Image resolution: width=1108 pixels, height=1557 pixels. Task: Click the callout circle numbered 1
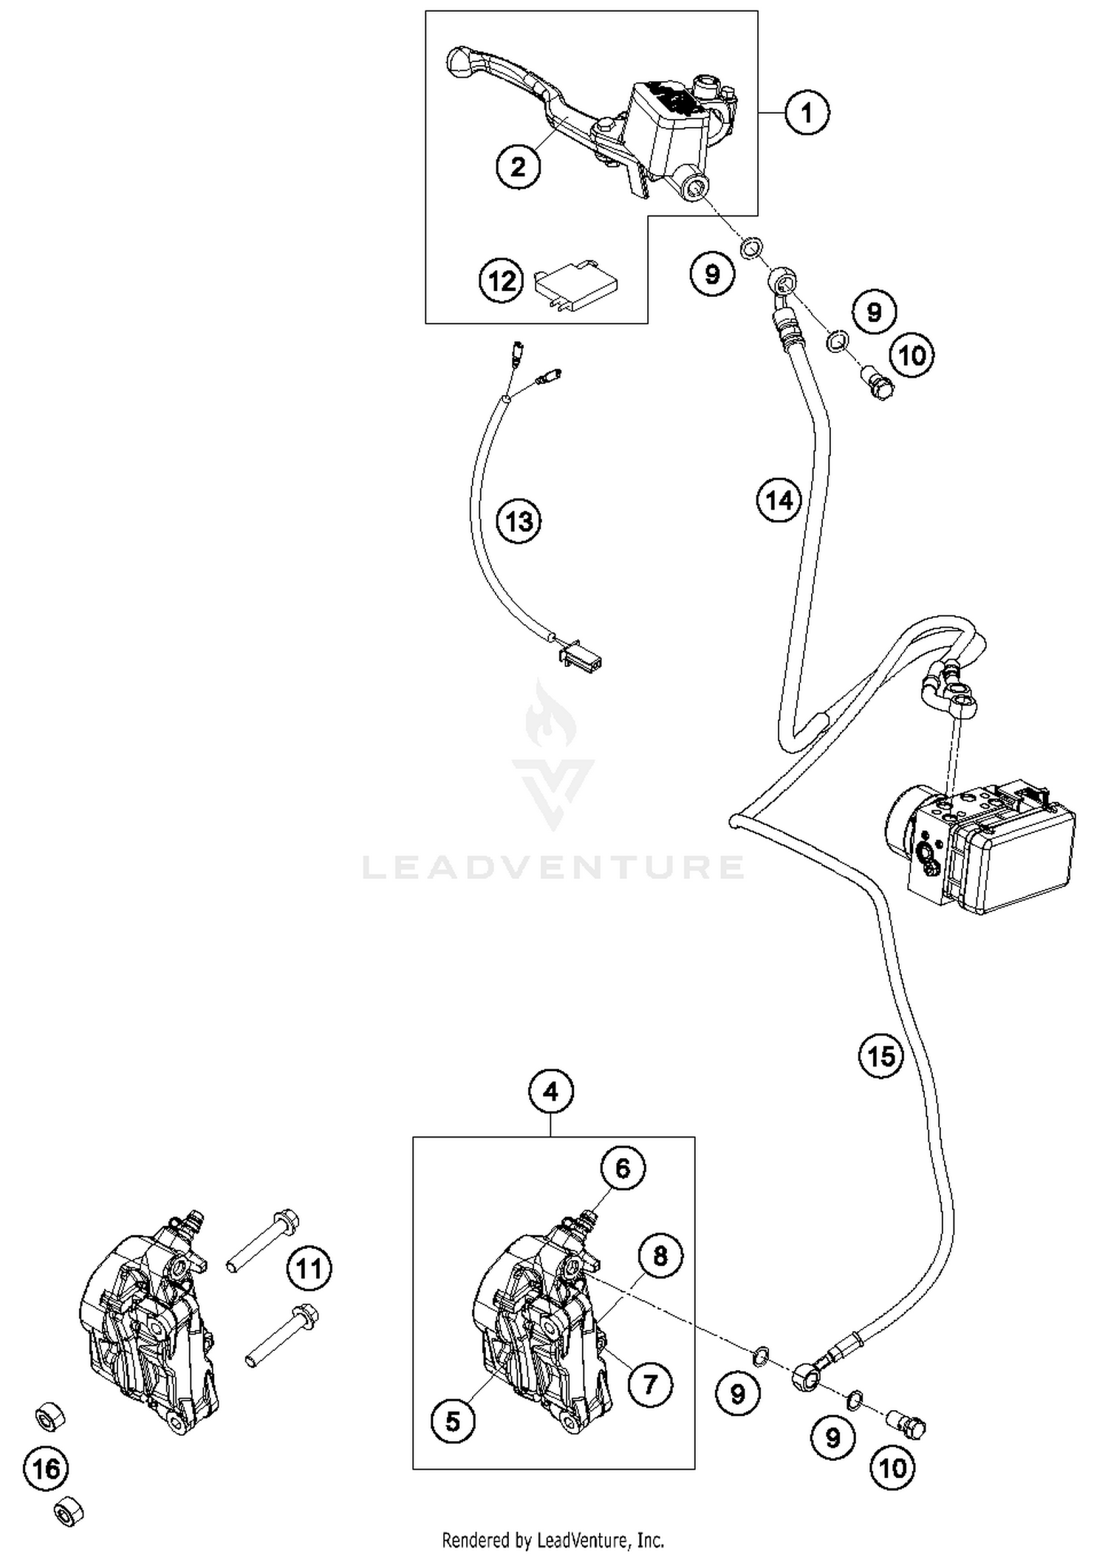click(807, 113)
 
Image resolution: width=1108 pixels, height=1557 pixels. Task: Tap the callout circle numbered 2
click(518, 166)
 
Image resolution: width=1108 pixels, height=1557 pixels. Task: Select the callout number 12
click(502, 281)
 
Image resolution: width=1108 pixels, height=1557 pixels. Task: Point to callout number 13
click(519, 521)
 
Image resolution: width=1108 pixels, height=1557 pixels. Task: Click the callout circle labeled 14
click(779, 501)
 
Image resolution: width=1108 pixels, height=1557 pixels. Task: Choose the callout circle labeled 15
click(881, 1056)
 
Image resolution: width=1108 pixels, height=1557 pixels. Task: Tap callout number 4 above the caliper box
click(551, 1091)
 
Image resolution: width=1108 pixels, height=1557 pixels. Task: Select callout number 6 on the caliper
click(623, 1168)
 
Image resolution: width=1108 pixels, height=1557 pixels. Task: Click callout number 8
click(660, 1255)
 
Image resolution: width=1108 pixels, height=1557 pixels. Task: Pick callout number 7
click(650, 1383)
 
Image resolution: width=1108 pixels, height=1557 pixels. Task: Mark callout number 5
click(453, 1420)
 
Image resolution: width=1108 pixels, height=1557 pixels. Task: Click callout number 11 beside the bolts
click(309, 1268)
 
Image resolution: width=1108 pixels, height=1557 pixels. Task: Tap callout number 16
click(46, 1468)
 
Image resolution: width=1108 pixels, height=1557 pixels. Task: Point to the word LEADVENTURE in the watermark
click(553, 866)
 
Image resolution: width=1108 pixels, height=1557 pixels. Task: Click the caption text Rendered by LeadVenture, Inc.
click(553, 1539)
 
